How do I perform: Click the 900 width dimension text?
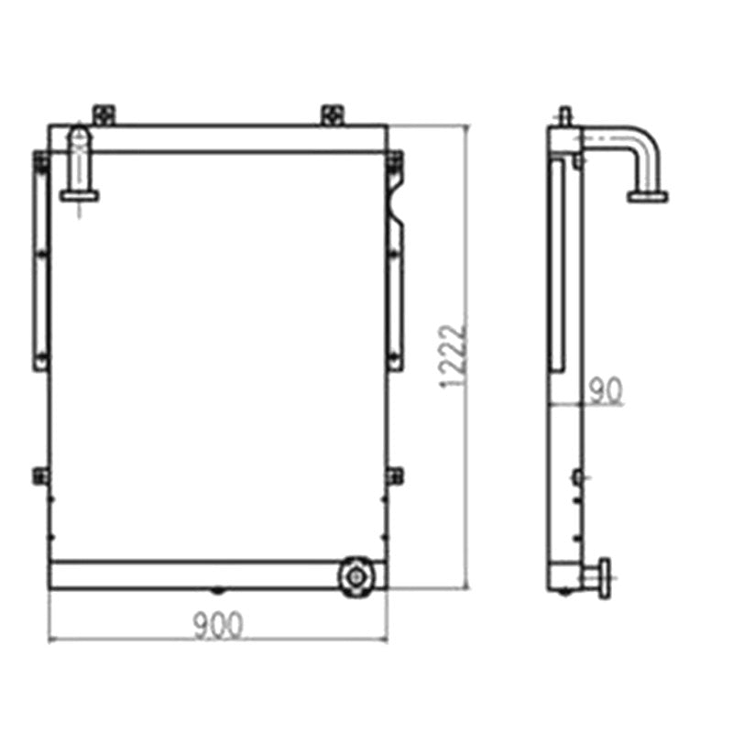tap(218, 626)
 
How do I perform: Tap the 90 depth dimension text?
tap(605, 390)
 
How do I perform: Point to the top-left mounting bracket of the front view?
tap(104, 115)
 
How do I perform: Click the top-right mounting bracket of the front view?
tap(332, 115)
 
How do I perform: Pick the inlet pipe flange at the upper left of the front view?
tap(81, 193)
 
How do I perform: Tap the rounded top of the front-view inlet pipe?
tap(81, 133)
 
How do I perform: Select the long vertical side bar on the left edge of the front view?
tap(40, 261)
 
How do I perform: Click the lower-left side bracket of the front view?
tap(40, 475)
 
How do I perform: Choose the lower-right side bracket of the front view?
tap(394, 476)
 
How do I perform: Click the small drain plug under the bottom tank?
tap(217, 591)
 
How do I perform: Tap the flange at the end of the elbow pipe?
tap(648, 195)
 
